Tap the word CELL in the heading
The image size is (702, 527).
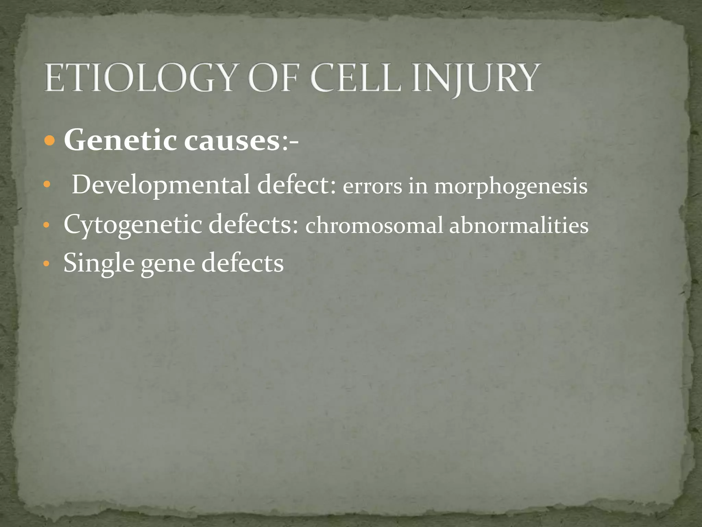click(x=356, y=78)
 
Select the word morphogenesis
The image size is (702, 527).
click(x=511, y=187)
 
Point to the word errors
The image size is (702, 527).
click(x=372, y=187)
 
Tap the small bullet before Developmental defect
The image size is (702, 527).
click(x=47, y=186)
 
